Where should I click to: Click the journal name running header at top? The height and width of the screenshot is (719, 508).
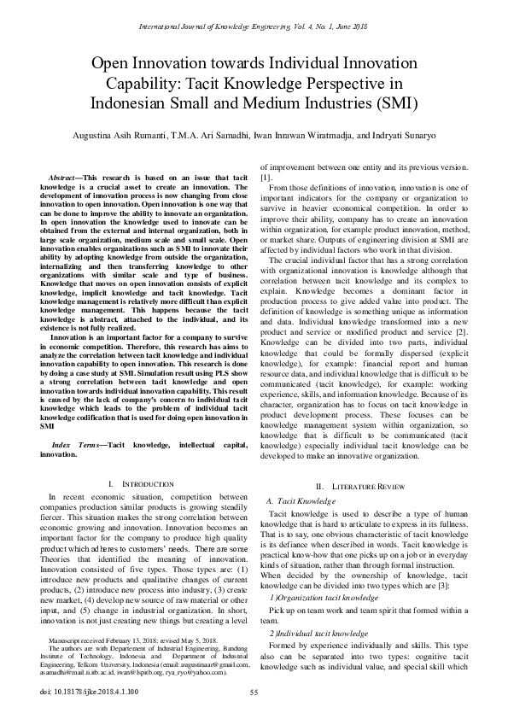[254, 11]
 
